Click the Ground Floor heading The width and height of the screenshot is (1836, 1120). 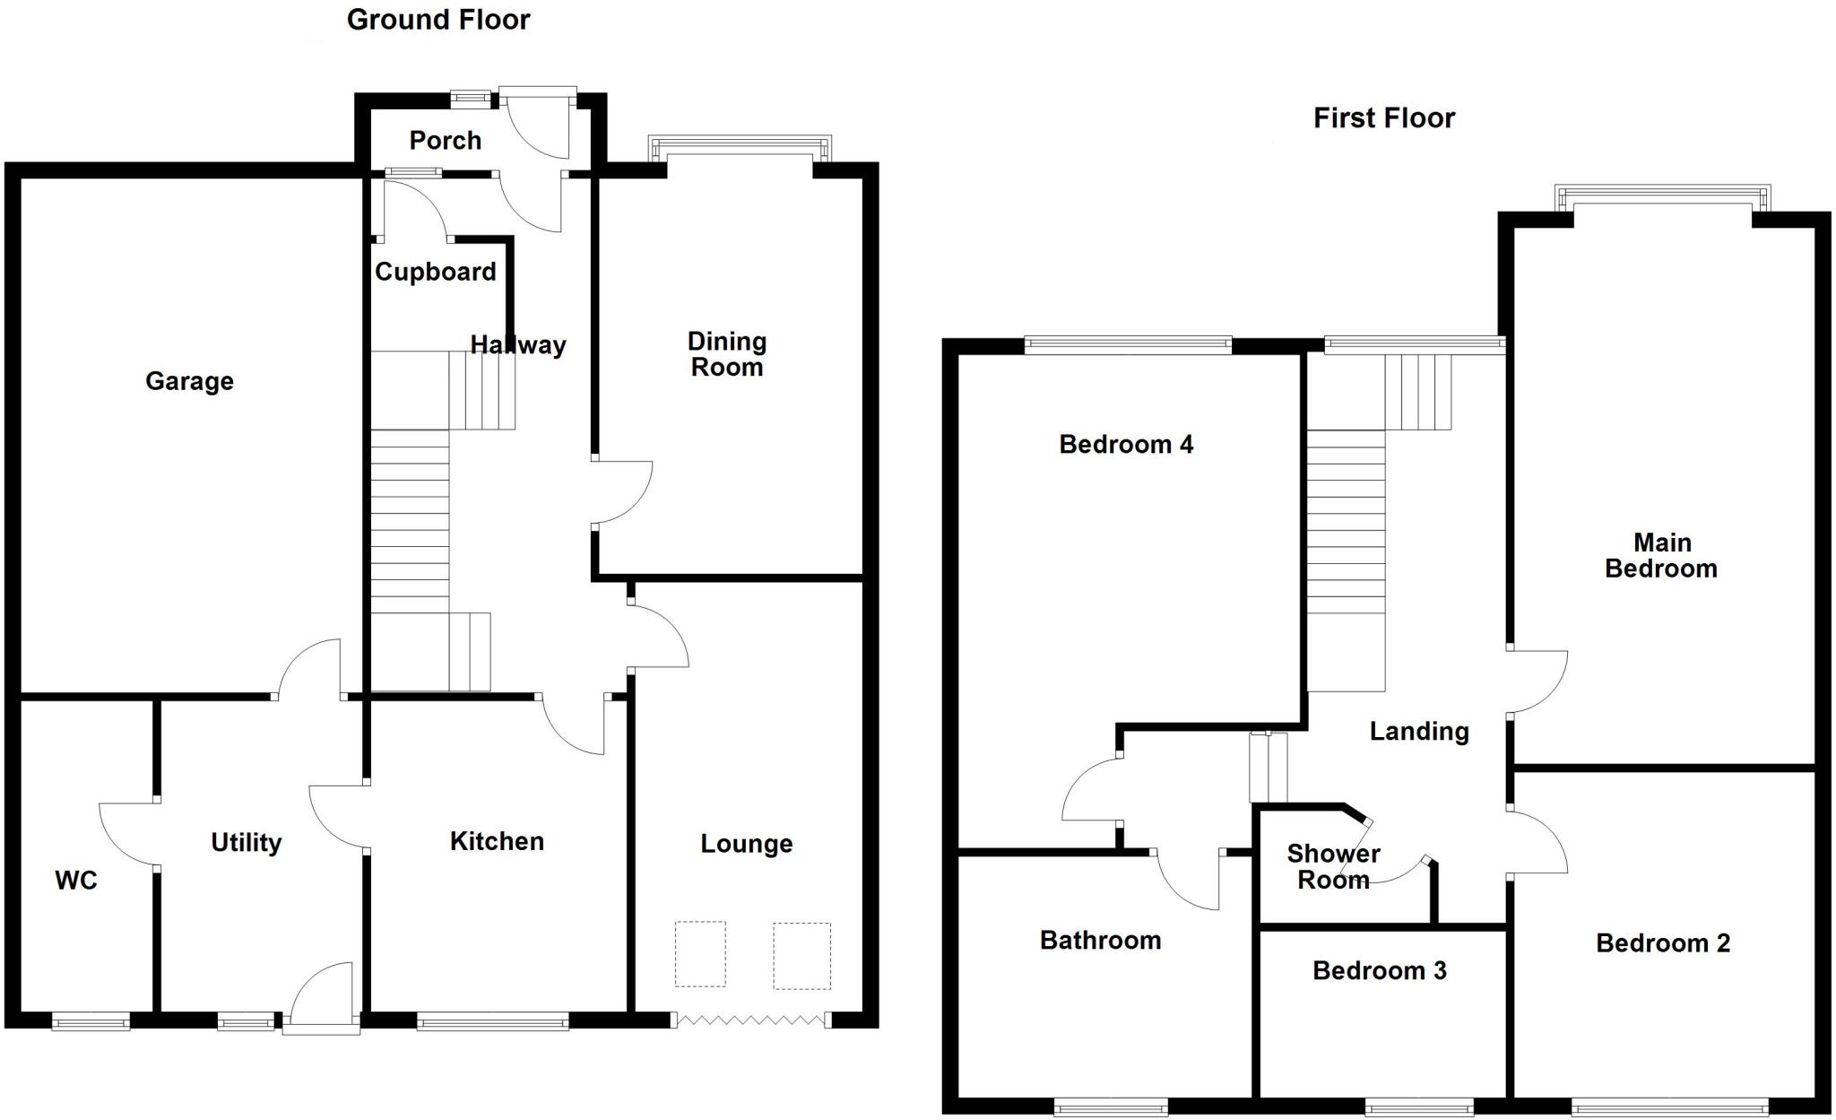pyautogui.click(x=438, y=20)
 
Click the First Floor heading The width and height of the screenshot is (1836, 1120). pyautogui.click(x=1383, y=117)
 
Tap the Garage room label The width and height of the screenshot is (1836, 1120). pyautogui.click(x=189, y=381)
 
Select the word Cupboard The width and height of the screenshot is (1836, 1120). pyautogui.click(x=435, y=272)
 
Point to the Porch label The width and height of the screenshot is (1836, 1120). pyautogui.click(x=445, y=140)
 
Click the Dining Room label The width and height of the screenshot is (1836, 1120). pyautogui.click(x=726, y=354)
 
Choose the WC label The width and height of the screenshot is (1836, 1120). pyautogui.click(x=76, y=881)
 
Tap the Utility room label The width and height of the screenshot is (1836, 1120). pyautogui.click(x=246, y=842)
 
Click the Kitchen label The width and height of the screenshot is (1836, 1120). pyautogui.click(x=497, y=841)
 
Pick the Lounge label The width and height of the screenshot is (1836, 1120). pyautogui.click(x=746, y=844)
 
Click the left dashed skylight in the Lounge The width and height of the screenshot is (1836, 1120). pyautogui.click(x=700, y=954)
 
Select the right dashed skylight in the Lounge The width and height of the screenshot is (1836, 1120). pyautogui.click(x=801, y=956)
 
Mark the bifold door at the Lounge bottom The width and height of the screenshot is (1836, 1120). pyautogui.click(x=749, y=1020)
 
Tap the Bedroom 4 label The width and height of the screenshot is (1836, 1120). pyautogui.click(x=1126, y=444)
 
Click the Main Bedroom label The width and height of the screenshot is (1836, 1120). pyautogui.click(x=1661, y=555)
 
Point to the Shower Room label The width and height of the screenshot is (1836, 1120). pyautogui.click(x=1333, y=866)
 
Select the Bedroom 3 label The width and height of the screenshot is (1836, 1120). pyautogui.click(x=1379, y=970)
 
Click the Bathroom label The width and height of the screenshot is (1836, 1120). pyautogui.click(x=1100, y=940)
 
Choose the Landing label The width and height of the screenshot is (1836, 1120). pyautogui.click(x=1418, y=731)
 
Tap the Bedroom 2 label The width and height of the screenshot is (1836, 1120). pyautogui.click(x=1662, y=942)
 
